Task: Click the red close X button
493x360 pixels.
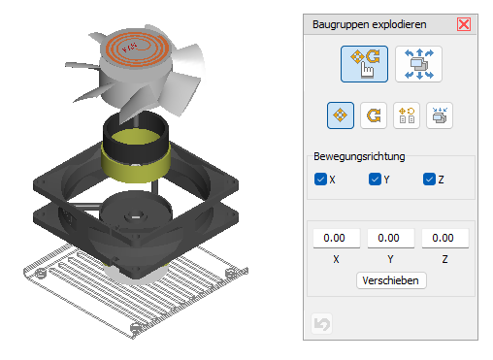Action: [464, 24]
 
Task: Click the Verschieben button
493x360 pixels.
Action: [391, 280]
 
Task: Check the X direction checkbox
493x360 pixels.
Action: [320, 180]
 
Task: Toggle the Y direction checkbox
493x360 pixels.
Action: [375, 180]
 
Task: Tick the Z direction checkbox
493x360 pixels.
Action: [429, 180]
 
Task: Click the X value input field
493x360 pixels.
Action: [336, 238]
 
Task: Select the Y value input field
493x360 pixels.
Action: [390, 238]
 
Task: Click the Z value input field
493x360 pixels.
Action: [444, 238]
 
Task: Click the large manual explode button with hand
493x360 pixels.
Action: [364, 64]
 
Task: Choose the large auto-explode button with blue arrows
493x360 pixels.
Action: [418, 64]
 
